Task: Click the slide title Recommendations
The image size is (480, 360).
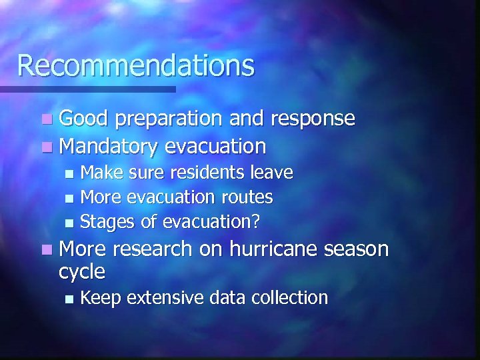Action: pos(136,65)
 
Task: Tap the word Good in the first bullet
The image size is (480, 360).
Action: pos(83,119)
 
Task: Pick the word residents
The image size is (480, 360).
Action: pos(207,173)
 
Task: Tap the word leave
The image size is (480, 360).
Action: pos(271,173)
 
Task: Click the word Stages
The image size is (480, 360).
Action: pos(108,221)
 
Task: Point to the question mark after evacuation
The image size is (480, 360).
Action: pos(255,221)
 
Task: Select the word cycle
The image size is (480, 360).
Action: pos(82,272)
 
